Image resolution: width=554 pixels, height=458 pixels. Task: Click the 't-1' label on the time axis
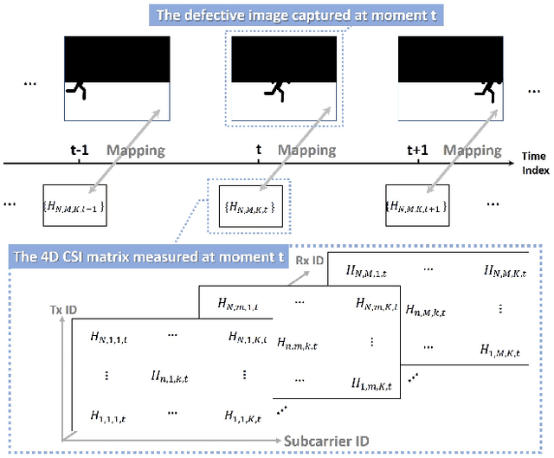click(x=80, y=150)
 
